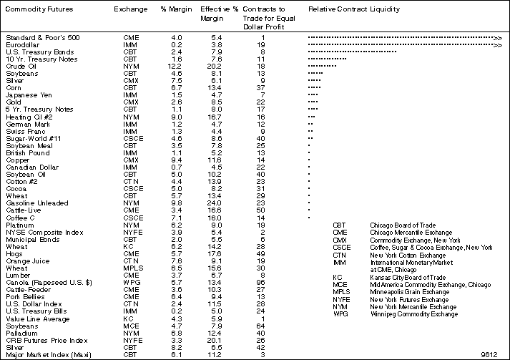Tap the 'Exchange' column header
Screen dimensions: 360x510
129,9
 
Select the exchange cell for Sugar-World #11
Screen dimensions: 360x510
131,137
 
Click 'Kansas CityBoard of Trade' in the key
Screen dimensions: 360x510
407,276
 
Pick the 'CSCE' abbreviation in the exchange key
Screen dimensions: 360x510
341,247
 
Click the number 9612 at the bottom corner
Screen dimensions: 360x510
489,353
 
